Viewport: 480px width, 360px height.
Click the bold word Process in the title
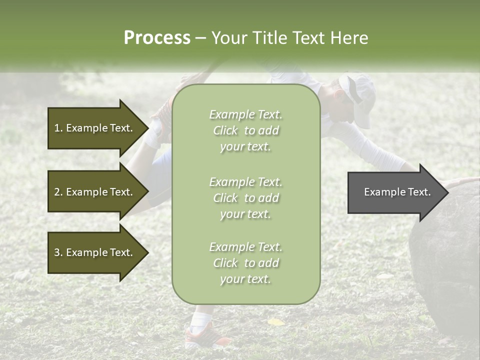157,38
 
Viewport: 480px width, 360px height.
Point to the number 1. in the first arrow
58,128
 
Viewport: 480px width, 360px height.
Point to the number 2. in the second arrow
58,192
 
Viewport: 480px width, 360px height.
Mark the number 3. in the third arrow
58,252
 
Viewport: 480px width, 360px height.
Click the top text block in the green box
245,130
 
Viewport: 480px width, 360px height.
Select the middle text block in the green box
245,198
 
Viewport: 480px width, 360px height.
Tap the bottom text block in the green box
245,263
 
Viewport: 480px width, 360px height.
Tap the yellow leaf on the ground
275,322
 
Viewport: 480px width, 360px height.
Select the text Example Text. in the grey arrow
397,192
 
